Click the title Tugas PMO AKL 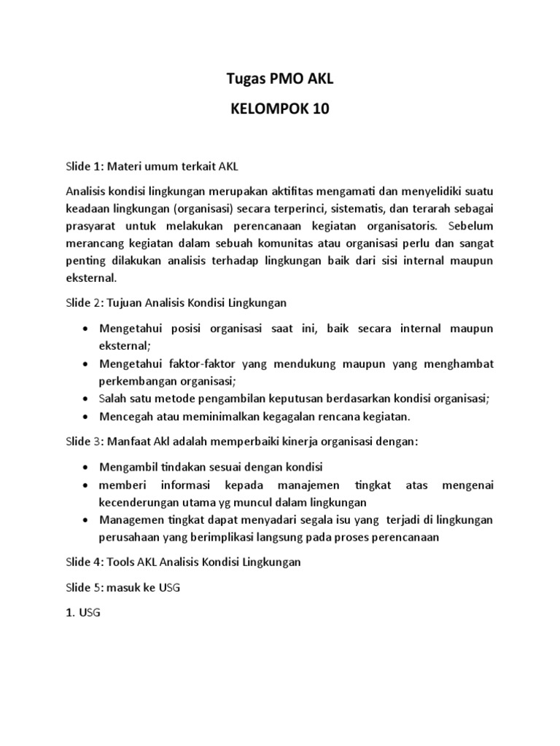281,79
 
